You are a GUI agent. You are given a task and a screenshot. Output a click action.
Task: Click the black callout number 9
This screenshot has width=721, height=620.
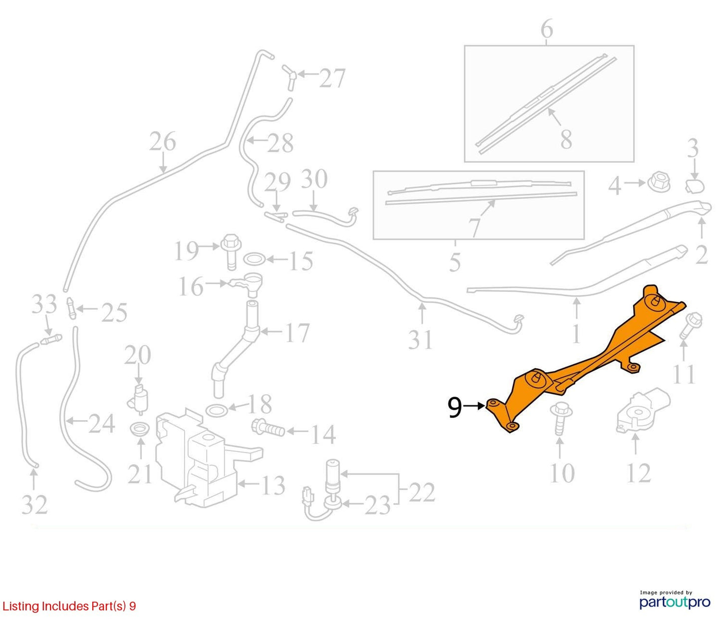pos(455,408)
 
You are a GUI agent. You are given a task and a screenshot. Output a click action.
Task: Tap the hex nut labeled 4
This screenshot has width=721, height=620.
pos(657,183)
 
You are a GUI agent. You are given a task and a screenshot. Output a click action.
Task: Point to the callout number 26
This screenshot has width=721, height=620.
pos(163,141)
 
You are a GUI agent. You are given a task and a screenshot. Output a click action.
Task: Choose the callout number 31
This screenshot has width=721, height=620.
pos(421,339)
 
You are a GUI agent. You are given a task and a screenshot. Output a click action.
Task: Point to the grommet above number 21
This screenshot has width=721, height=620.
pos(140,429)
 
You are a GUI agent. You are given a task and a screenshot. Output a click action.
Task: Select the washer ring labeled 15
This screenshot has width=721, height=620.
pos(254,259)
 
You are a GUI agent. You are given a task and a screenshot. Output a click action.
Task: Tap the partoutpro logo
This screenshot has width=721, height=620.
pos(675,602)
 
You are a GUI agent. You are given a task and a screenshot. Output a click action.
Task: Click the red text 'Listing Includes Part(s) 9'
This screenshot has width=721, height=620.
pos(69,606)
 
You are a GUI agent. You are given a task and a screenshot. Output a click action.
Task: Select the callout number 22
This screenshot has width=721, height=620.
pos(422,492)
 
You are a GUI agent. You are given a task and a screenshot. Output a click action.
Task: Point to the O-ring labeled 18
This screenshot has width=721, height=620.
pos(217,410)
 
